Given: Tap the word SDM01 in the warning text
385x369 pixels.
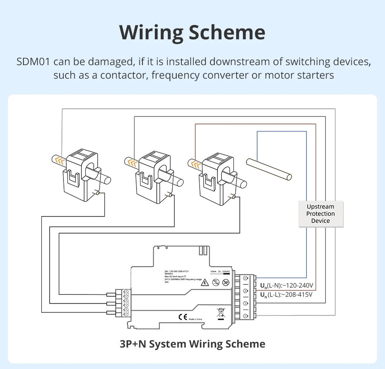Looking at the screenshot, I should click(x=33, y=62).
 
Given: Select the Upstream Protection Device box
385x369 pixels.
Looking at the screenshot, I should click(x=320, y=214).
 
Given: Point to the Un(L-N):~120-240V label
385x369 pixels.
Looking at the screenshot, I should click(x=287, y=285).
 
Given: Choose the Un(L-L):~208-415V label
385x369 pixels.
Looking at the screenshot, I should click(x=286, y=294).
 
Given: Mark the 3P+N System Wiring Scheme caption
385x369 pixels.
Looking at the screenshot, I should click(x=192, y=344).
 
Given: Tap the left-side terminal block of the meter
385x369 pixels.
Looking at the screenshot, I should click(x=123, y=303).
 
